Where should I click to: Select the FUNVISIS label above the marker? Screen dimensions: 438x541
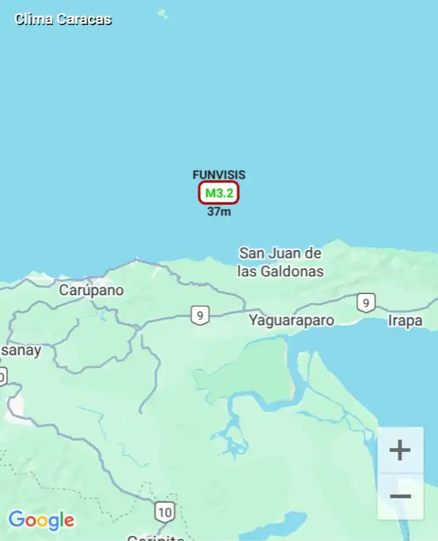(x=219, y=175)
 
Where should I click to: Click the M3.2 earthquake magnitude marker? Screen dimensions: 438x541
(x=219, y=193)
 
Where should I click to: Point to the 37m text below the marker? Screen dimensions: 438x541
(x=219, y=212)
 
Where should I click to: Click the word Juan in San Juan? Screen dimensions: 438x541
(x=285, y=253)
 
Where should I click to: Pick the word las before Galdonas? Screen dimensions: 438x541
(x=247, y=271)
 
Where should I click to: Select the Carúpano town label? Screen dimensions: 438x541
(x=91, y=290)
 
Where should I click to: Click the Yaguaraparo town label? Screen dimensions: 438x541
(x=291, y=320)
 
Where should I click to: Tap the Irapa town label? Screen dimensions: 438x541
(x=405, y=320)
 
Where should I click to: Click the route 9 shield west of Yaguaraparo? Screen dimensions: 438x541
(x=200, y=315)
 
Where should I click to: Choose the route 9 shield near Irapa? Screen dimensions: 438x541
(x=366, y=303)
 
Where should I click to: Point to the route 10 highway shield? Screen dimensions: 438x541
(x=164, y=512)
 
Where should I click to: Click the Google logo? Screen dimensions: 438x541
(x=41, y=520)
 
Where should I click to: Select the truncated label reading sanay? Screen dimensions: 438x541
(x=21, y=351)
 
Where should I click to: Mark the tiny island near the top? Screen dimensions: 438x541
(x=162, y=13)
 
